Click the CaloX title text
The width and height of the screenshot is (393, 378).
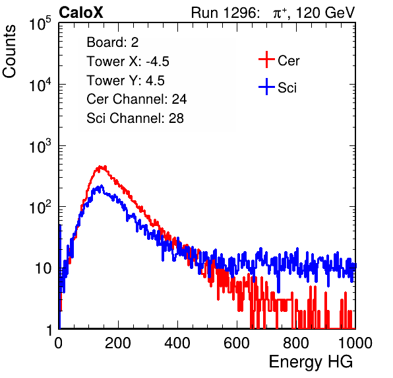point(80,13)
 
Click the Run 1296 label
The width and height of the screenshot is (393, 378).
point(225,13)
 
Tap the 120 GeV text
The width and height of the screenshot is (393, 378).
point(325,13)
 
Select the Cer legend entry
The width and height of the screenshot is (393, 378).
point(279,60)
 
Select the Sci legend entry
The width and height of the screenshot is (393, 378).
point(278,87)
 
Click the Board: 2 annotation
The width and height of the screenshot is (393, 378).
point(113,42)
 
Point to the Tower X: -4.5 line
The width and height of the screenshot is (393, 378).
point(128,61)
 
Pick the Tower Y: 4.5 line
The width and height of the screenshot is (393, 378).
point(125,81)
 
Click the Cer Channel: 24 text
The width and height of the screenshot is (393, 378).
point(136,99)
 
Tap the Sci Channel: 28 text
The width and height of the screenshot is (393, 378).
point(135,118)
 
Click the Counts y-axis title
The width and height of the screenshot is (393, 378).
point(9,51)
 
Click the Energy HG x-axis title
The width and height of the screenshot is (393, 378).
point(311,362)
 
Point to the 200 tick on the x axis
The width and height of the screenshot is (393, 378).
point(118,343)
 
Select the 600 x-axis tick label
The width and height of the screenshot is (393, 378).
point(237,343)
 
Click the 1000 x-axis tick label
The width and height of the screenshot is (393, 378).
point(355,343)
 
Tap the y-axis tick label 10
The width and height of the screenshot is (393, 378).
point(43,268)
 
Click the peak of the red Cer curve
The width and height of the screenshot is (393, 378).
point(102,167)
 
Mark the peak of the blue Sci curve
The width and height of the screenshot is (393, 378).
point(102,186)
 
